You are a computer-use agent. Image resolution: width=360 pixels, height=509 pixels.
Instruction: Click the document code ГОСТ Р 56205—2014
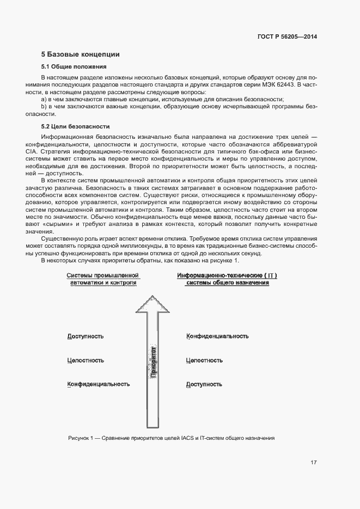287,37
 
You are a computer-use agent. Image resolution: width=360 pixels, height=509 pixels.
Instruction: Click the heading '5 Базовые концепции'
80,54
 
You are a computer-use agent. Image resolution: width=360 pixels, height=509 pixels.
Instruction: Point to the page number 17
314,463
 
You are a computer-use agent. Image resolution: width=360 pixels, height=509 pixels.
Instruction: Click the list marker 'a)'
44,100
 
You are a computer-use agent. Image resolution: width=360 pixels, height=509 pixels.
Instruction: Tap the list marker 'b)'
44,107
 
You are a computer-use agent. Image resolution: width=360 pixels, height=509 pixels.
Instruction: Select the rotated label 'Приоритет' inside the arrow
152,361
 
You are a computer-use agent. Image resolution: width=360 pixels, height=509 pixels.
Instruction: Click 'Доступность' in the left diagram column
85,336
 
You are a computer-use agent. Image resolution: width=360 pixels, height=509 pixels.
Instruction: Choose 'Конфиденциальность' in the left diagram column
98,384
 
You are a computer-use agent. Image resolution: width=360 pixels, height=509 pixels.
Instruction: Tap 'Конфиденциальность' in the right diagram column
217,336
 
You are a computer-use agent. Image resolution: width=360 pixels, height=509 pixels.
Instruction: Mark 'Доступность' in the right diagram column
204,384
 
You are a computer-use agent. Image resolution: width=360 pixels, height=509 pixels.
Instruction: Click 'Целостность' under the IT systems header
204,360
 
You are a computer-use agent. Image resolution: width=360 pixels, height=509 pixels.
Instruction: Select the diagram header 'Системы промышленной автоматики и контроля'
102,279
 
